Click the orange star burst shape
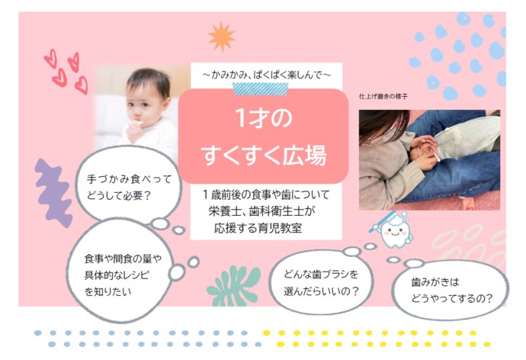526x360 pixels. [x=221, y=37]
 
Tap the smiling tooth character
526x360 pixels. [x=394, y=232]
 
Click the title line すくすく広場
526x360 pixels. [x=263, y=156]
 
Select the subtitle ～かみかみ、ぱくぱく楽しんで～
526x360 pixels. [x=266, y=73]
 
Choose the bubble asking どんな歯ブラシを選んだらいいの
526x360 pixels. [x=320, y=282]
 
